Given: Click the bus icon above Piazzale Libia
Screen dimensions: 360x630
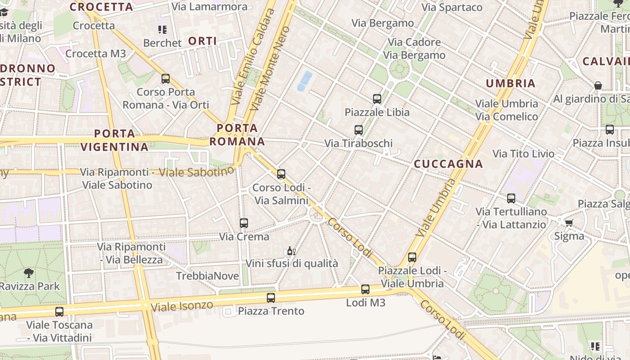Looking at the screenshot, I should (x=377, y=99).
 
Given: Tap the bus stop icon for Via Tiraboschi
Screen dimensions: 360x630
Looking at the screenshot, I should (x=359, y=130).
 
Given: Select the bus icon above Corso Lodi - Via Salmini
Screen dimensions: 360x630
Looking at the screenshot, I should (x=281, y=174).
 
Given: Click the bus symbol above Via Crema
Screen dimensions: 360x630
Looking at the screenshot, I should (x=244, y=223).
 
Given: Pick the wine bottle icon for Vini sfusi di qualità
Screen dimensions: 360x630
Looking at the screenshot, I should (x=291, y=251).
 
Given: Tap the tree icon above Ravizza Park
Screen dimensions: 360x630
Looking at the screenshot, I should (x=28, y=273).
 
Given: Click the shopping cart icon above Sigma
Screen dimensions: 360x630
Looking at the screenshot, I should (x=569, y=222).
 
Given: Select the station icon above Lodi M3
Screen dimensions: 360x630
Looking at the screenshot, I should (x=365, y=289).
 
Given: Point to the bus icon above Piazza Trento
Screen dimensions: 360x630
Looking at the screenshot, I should (x=270, y=297).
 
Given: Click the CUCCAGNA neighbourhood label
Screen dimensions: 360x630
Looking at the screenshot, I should (x=448, y=164).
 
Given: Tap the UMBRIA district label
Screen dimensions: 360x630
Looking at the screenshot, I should (x=511, y=83).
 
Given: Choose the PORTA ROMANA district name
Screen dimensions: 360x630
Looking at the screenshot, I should (x=237, y=135).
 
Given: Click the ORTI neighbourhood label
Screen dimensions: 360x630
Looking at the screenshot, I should (x=202, y=41).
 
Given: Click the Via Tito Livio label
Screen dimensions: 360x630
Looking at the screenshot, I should (x=524, y=154).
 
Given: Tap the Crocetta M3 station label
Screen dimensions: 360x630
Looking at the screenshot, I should (x=96, y=54).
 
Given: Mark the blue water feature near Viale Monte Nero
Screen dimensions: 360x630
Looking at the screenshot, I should (x=305, y=81).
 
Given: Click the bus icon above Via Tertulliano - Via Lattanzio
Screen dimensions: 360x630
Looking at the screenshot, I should (x=511, y=198).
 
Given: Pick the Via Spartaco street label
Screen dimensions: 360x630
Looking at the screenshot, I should (x=452, y=7).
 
